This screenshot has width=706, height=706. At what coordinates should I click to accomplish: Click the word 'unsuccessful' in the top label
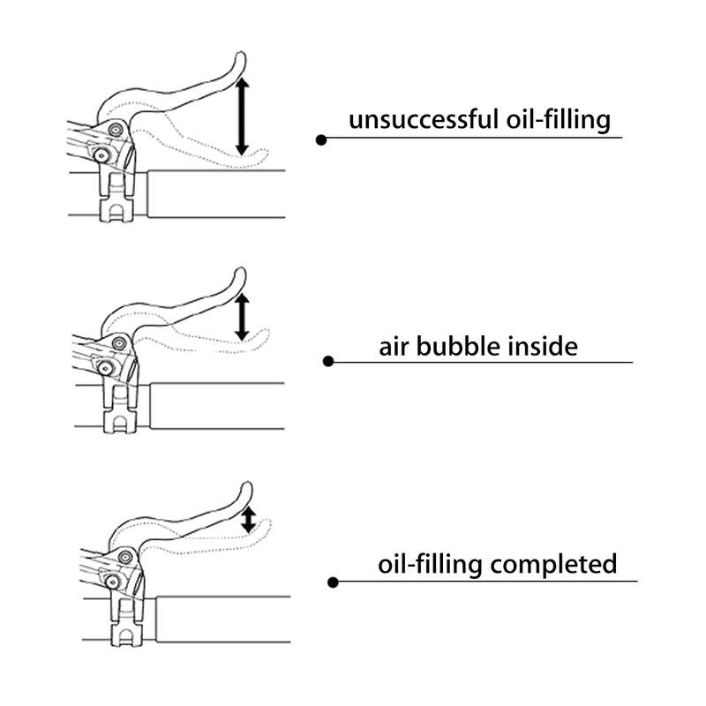pos(424,120)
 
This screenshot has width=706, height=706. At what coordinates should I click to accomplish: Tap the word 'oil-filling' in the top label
pos(559,120)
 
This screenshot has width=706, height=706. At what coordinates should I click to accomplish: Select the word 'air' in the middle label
pos(394,347)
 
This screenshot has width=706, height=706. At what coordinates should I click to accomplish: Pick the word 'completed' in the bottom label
pos(553,565)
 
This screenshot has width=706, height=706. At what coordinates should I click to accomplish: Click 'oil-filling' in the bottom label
pos(430,565)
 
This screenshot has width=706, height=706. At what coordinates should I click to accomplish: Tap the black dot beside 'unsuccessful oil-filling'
pos(321,140)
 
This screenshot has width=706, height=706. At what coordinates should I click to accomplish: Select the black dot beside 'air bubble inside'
pos(328,361)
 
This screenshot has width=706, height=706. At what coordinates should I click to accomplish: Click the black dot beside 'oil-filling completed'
pos(333,582)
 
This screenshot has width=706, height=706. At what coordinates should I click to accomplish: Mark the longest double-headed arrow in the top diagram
pos(242,116)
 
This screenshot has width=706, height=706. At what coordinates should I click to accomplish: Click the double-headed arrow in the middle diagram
pos(242,317)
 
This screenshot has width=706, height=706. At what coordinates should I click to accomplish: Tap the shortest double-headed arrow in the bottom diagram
pos(249,521)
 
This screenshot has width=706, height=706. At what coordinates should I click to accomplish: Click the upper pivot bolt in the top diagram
pos(116,130)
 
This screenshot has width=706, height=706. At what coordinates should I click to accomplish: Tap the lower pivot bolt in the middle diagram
pos(105,368)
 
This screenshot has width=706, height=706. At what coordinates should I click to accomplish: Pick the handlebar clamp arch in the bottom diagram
pos(127,635)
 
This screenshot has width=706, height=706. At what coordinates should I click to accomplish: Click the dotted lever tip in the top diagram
pos(263,154)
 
